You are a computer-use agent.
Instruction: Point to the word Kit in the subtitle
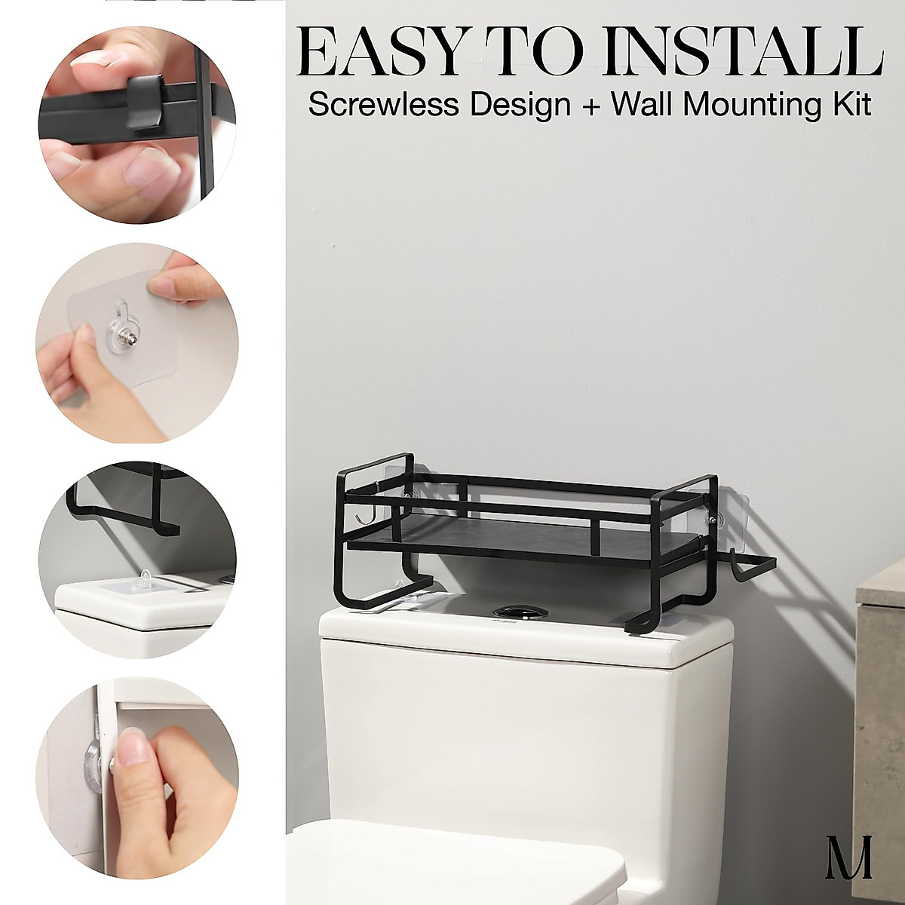[x=850, y=105]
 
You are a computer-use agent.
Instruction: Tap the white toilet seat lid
[x=452, y=867]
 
